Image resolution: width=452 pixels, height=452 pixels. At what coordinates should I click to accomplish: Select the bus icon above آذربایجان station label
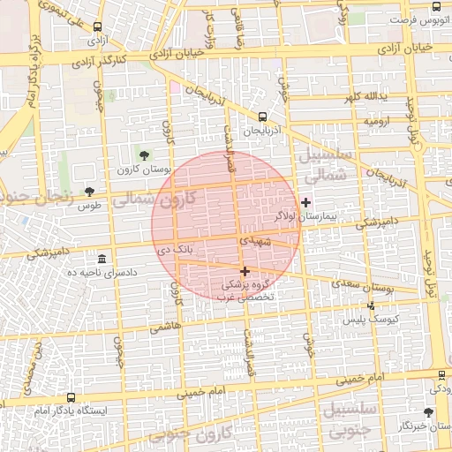click(262, 117)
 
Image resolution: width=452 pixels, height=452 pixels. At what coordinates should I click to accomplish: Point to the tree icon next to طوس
click(89, 192)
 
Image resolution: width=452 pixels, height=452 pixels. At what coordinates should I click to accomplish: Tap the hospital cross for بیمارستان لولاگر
click(305, 202)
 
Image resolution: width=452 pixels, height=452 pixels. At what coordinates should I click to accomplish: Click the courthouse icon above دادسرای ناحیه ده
click(103, 260)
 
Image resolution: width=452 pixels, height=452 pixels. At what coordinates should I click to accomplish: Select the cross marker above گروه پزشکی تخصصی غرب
click(245, 272)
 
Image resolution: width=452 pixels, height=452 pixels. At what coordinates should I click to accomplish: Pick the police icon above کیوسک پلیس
click(371, 305)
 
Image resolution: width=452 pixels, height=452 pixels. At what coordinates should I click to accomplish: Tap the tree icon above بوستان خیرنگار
click(428, 412)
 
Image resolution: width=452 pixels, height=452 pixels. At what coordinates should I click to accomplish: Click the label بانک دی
click(175, 251)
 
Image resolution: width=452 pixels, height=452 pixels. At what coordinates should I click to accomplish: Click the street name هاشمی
click(165, 326)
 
